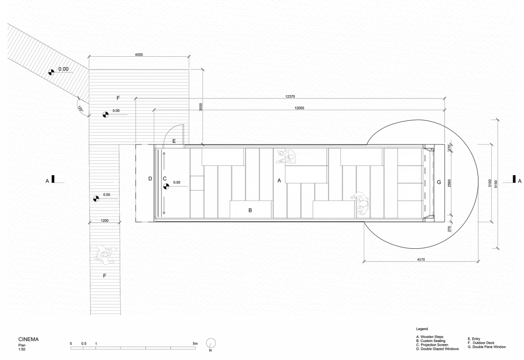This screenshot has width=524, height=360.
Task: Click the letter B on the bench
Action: [250, 210]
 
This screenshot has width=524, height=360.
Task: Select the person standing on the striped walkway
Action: [106, 254]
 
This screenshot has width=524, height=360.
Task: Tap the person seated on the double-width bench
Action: [287, 157]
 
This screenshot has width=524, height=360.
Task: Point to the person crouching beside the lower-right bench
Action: [361, 203]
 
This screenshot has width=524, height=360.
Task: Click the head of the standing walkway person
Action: [105, 253]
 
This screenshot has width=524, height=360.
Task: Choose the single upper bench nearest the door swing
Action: [223, 157]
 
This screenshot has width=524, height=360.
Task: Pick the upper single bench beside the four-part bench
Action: [362, 157]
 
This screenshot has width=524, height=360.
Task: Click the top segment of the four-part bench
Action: [410, 157]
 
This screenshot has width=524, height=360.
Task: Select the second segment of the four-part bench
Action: [410, 174]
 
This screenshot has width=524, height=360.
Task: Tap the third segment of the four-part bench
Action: [410, 192]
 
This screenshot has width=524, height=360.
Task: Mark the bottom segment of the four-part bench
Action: [410, 209]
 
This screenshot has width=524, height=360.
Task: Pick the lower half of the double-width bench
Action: [306, 174]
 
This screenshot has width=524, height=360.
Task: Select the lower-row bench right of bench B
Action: [334, 209]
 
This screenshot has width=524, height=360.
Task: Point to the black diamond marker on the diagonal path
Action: [51, 73]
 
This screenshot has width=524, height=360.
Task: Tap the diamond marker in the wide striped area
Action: [105, 115]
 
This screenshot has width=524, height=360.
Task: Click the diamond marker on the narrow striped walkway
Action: [96, 199]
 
